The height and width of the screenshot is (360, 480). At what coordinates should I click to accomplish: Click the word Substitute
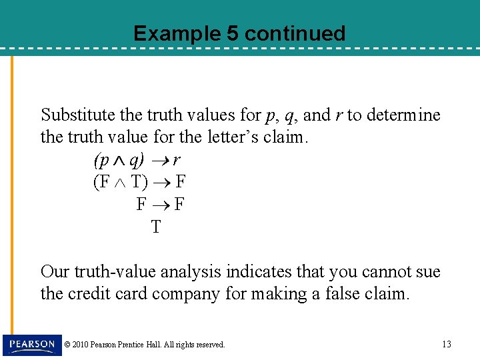tap(77, 115)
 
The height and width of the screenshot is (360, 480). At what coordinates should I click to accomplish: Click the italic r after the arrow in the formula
tap(175, 160)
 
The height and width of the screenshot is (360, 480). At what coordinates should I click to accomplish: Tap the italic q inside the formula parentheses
tap(134, 160)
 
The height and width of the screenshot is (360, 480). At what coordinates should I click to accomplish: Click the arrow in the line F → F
tap(161, 204)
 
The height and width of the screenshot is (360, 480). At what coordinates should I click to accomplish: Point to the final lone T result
tap(155, 227)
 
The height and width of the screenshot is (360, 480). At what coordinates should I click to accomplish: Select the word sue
tap(428, 271)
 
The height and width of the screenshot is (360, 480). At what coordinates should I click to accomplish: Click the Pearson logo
tap(31, 344)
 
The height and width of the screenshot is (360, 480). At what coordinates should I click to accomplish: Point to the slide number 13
tap(446, 344)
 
